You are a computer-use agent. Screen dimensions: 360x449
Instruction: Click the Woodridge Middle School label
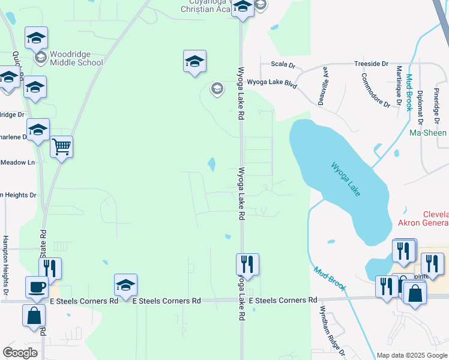coord(76,58)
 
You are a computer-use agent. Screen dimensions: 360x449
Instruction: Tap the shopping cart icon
coord(62,146)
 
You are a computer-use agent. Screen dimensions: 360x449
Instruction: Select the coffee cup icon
coord(37,286)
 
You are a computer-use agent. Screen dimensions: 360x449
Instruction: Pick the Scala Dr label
coord(283,64)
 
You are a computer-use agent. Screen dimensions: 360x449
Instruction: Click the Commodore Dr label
coord(375,90)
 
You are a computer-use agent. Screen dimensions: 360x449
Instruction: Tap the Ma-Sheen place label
coord(428,133)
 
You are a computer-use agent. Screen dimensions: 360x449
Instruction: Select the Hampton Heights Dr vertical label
coord(6,264)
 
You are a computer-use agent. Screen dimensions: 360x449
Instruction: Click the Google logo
coord(20,353)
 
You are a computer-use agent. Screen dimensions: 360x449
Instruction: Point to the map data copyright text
coord(411,355)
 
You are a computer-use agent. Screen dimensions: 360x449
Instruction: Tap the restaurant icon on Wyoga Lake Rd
coord(247,263)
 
